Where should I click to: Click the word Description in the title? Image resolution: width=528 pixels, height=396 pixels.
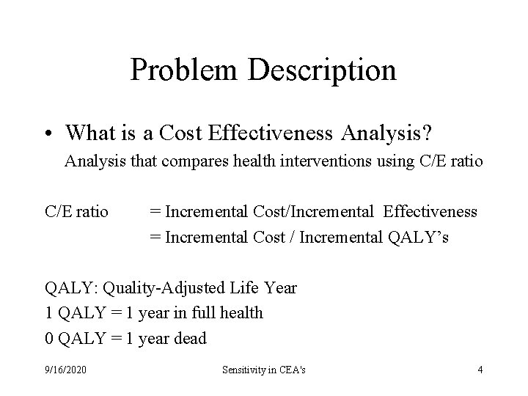322,70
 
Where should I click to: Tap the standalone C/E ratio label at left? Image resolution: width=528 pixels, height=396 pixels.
76,213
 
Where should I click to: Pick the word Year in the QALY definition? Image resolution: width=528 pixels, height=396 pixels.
282,288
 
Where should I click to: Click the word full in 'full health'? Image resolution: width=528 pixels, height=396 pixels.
198,313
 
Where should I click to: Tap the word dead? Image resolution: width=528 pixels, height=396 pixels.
191,338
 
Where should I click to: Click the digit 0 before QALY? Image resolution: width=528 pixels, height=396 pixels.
49,338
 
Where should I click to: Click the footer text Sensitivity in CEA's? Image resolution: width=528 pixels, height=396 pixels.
264,370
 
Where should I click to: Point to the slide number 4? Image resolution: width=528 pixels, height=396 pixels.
480,370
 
